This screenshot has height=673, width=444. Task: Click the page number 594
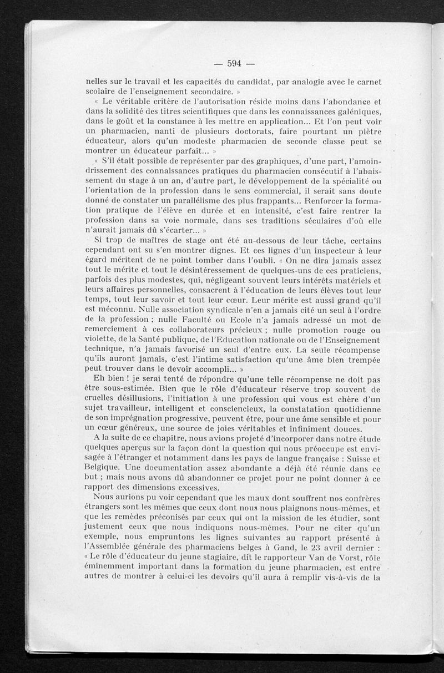(x=229, y=62)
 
